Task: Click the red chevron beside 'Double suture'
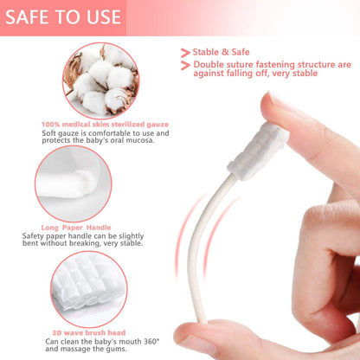coord(185,66)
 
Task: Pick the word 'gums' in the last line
coord(143,350)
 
